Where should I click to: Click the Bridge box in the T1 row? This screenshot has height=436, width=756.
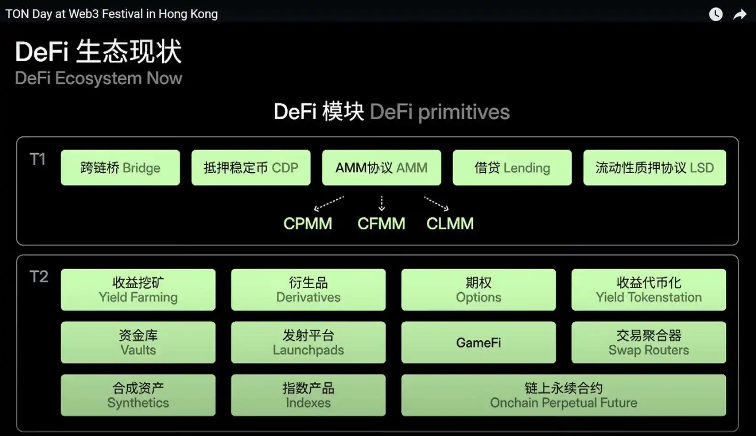120,168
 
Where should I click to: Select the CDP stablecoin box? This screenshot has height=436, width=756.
251,168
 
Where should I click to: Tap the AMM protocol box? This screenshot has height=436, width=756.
381,168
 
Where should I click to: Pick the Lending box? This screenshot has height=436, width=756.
512,168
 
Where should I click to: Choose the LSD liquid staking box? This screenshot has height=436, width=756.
654,168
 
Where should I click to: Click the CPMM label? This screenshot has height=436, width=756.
307,224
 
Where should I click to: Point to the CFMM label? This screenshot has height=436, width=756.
381,224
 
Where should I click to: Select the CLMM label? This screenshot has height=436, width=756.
450,224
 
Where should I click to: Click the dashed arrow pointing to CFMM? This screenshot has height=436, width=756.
382,203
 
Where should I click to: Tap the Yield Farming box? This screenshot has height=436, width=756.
138,290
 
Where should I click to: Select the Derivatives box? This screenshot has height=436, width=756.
308,290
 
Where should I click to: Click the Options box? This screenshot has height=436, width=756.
478,290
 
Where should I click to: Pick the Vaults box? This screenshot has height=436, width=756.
138,342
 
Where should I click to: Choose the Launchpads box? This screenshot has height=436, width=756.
308,342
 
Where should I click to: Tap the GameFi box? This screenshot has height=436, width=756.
478,342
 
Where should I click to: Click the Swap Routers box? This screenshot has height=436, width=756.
648,342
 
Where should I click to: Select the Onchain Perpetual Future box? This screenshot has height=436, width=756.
563,395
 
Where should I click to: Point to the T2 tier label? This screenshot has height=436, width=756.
38,277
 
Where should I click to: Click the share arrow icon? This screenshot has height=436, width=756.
740,15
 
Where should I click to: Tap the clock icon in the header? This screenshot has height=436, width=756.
716,15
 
